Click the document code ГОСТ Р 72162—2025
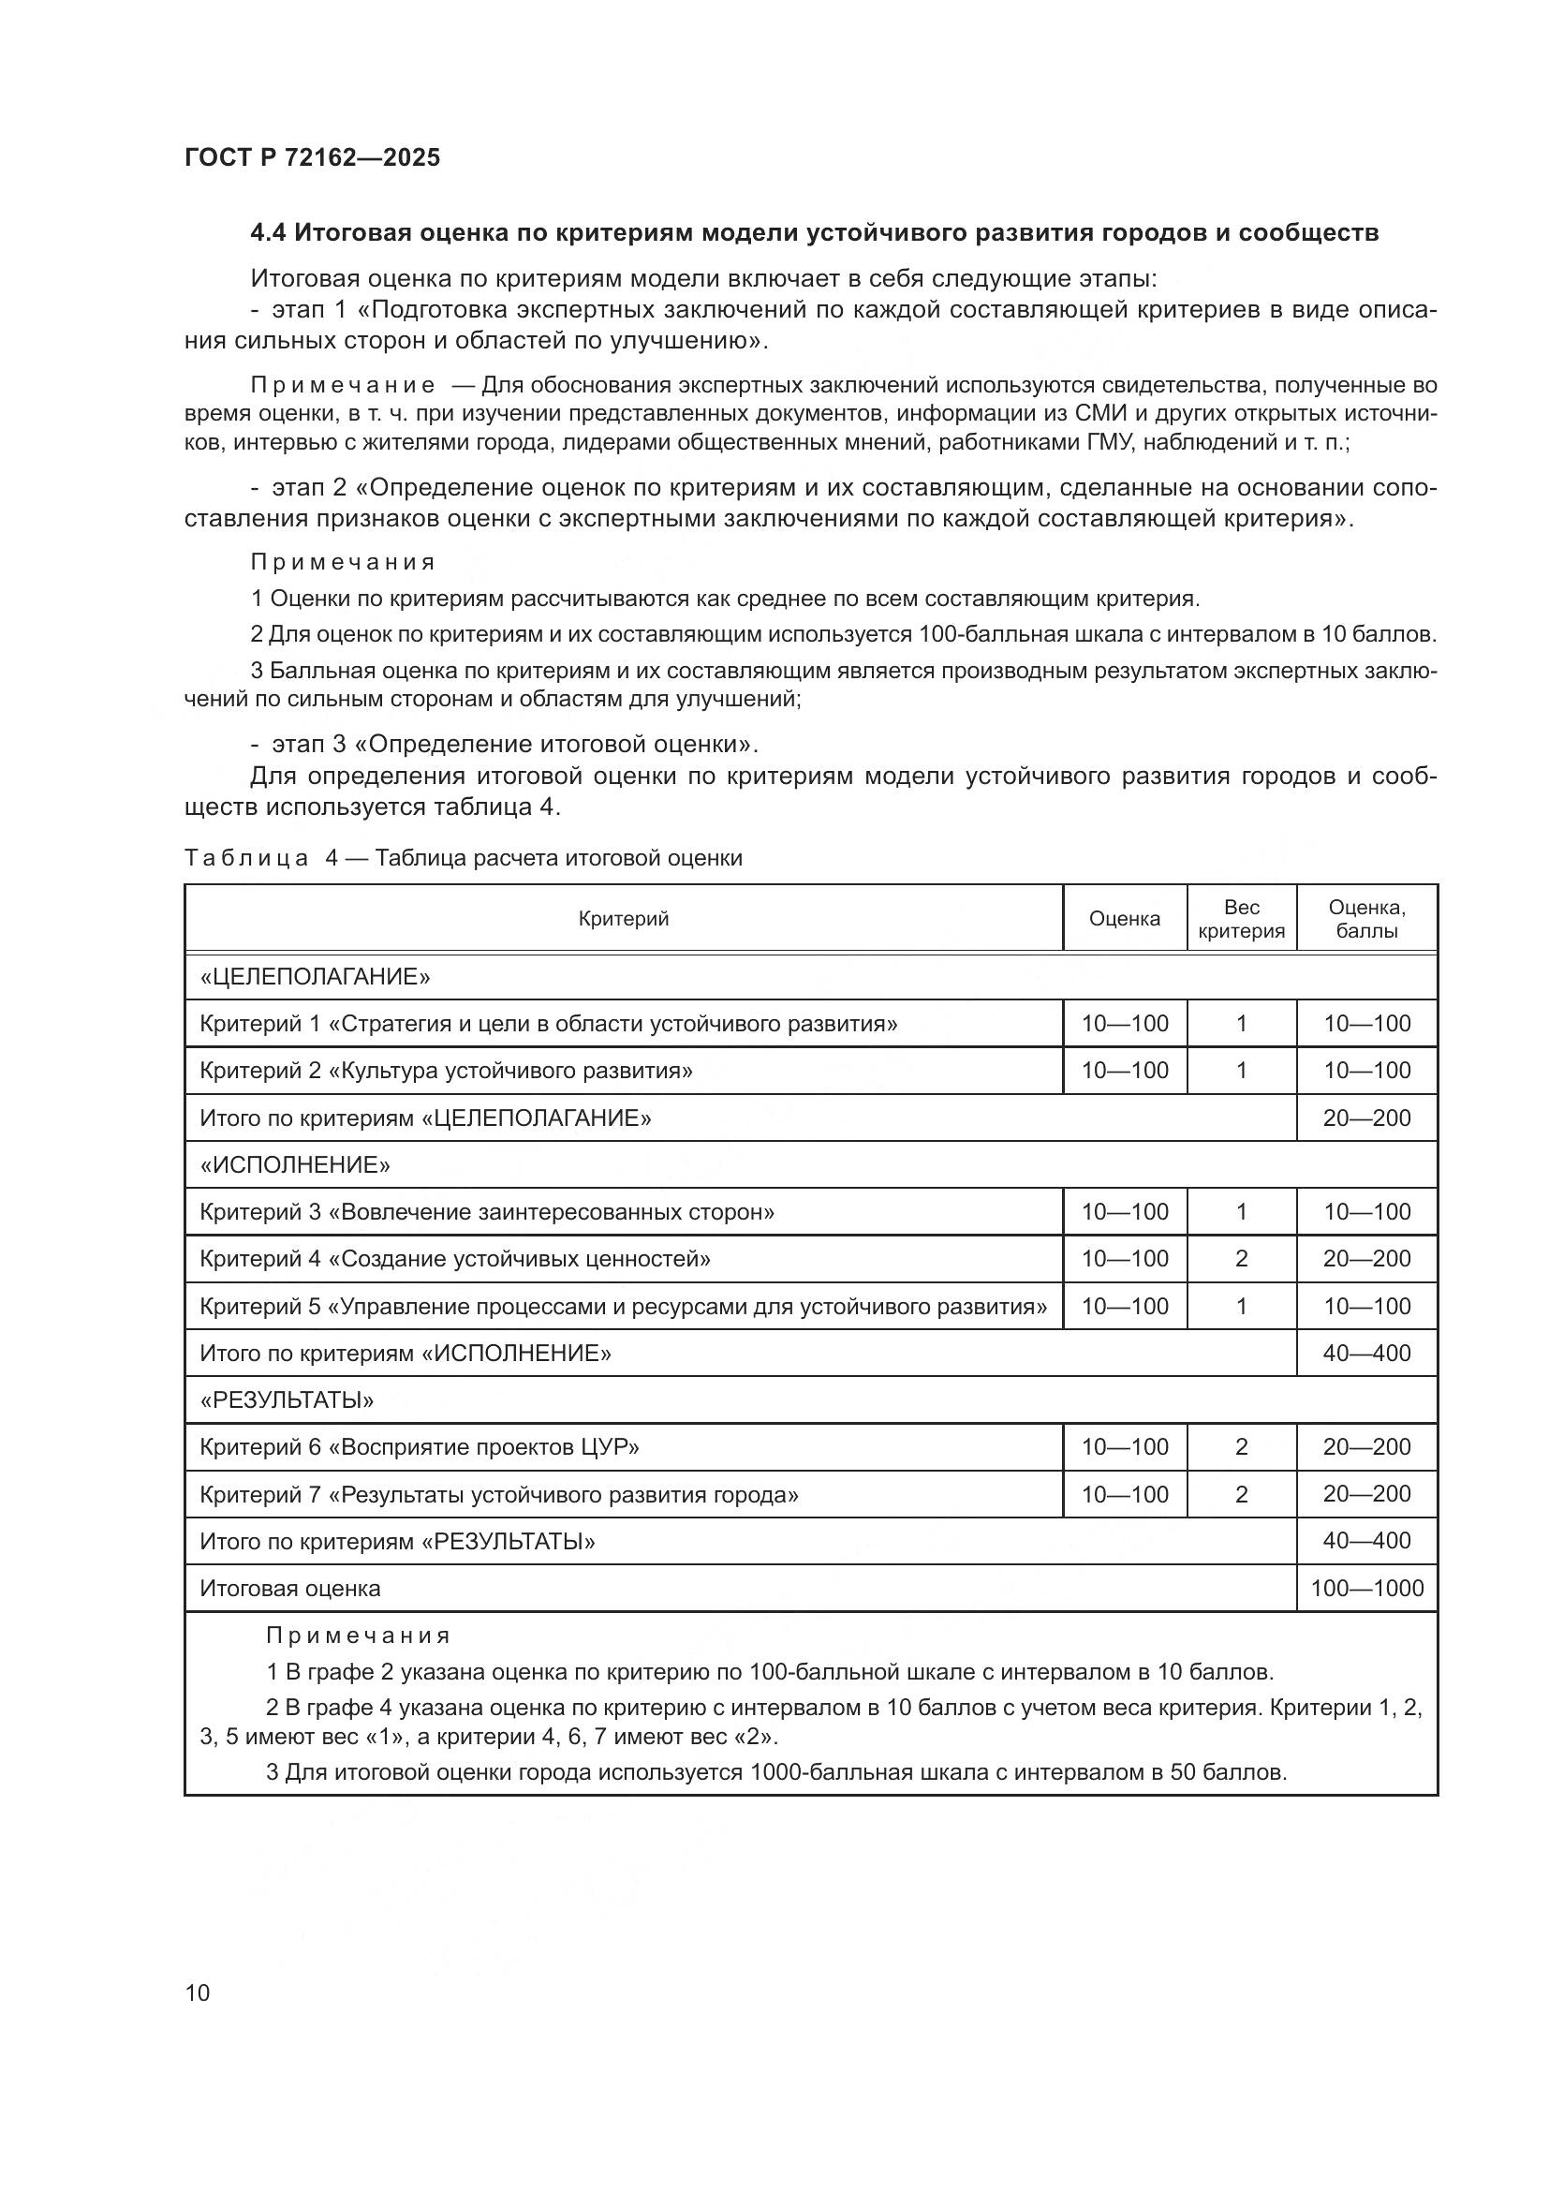(x=312, y=158)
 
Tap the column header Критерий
(x=623, y=918)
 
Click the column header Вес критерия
(x=1241, y=918)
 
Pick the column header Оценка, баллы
(x=1365, y=918)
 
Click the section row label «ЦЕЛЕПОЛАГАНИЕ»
(x=315, y=976)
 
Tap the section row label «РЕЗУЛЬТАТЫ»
(x=287, y=1399)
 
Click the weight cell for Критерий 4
(x=1241, y=1259)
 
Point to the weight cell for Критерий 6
(x=1241, y=1446)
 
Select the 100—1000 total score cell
(x=1365, y=1588)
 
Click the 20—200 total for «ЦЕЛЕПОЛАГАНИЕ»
(x=1365, y=1118)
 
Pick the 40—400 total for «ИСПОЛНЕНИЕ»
(x=1365, y=1354)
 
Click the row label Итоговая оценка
(x=290, y=1588)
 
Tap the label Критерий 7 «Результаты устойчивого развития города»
(x=499, y=1494)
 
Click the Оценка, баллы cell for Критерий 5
(x=1365, y=1307)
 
